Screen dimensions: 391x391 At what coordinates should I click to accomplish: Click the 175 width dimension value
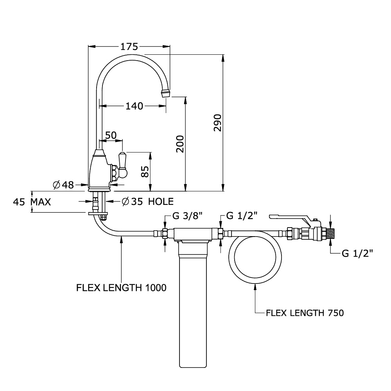tap(129, 47)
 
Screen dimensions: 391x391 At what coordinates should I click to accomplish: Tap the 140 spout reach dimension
tap(134, 106)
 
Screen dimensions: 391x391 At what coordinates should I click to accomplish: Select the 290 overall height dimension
tap(217, 123)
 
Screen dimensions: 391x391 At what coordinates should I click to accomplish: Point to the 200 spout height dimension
tap(180, 144)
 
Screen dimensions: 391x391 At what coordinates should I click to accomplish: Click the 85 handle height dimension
tap(145, 172)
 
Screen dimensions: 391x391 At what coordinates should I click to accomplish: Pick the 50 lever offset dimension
tap(111, 135)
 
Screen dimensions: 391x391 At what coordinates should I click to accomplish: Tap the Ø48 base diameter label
tap(64, 185)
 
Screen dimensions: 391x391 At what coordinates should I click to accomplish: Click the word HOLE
tap(161, 201)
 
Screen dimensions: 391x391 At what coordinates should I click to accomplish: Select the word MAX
tap(41, 202)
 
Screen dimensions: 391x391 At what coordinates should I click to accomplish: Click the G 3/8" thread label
tap(187, 216)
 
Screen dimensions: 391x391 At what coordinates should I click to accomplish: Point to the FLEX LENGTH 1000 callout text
tap(121, 288)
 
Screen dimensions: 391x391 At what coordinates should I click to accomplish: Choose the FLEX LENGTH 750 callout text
tap(305, 313)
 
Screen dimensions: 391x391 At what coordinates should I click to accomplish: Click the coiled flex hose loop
tap(255, 283)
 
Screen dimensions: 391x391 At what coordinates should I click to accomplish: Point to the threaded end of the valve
tap(331, 233)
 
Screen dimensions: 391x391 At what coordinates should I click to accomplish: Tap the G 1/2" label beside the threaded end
tap(357, 253)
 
